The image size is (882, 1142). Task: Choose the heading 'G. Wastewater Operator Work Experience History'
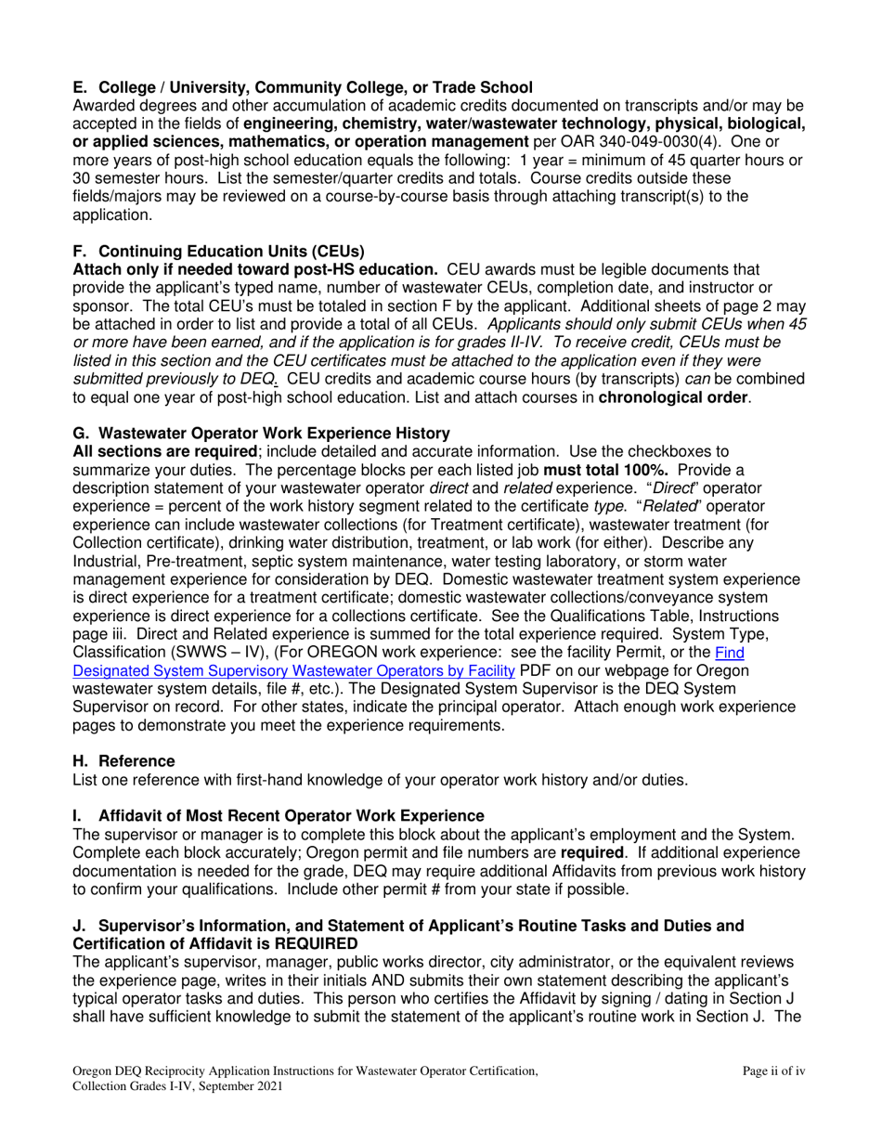tap(261, 433)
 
